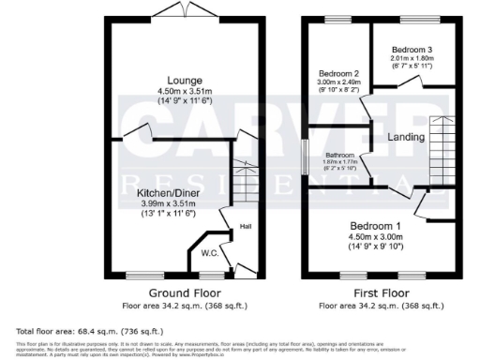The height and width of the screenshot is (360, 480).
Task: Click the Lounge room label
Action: (177, 81)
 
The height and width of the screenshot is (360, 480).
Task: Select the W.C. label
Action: (210, 253)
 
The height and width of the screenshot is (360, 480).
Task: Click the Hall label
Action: (245, 227)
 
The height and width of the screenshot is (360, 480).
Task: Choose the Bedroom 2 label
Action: (339, 73)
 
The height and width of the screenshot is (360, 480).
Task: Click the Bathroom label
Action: (339, 156)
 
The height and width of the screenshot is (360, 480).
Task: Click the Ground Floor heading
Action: (177, 292)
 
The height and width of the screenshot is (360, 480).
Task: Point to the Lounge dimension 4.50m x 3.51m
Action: (177, 91)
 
